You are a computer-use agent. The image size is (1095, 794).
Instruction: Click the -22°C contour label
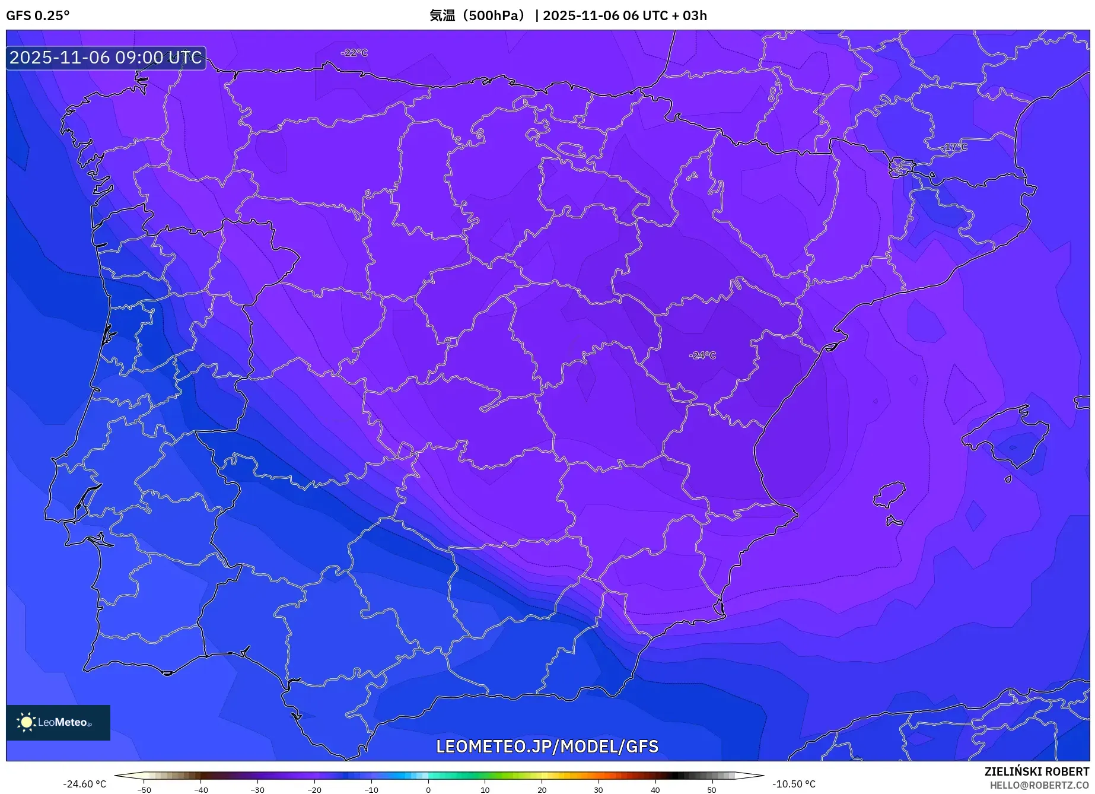click(354, 53)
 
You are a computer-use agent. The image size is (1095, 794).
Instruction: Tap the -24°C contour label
click(702, 355)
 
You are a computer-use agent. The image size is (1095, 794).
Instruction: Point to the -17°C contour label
click(954, 147)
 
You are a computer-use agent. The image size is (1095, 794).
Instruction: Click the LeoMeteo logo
click(58, 722)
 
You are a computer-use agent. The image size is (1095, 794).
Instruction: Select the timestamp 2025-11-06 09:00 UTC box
click(106, 58)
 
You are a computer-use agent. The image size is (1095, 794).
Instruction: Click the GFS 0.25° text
click(37, 15)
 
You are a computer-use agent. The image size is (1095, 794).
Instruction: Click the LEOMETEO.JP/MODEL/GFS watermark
click(547, 746)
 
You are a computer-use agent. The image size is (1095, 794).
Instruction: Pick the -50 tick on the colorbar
click(144, 790)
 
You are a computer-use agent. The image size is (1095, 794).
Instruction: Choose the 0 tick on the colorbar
click(428, 790)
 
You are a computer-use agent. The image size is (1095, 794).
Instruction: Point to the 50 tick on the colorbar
click(712, 790)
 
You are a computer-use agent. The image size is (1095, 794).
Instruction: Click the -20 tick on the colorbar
click(314, 790)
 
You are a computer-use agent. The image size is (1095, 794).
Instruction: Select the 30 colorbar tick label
click(598, 790)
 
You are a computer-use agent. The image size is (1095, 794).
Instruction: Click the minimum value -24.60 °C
click(85, 784)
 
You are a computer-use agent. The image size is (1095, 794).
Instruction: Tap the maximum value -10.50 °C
click(794, 784)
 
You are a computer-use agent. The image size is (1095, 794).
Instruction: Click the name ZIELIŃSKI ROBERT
click(1037, 771)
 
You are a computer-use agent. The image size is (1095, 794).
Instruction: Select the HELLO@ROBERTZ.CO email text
click(1039, 785)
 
